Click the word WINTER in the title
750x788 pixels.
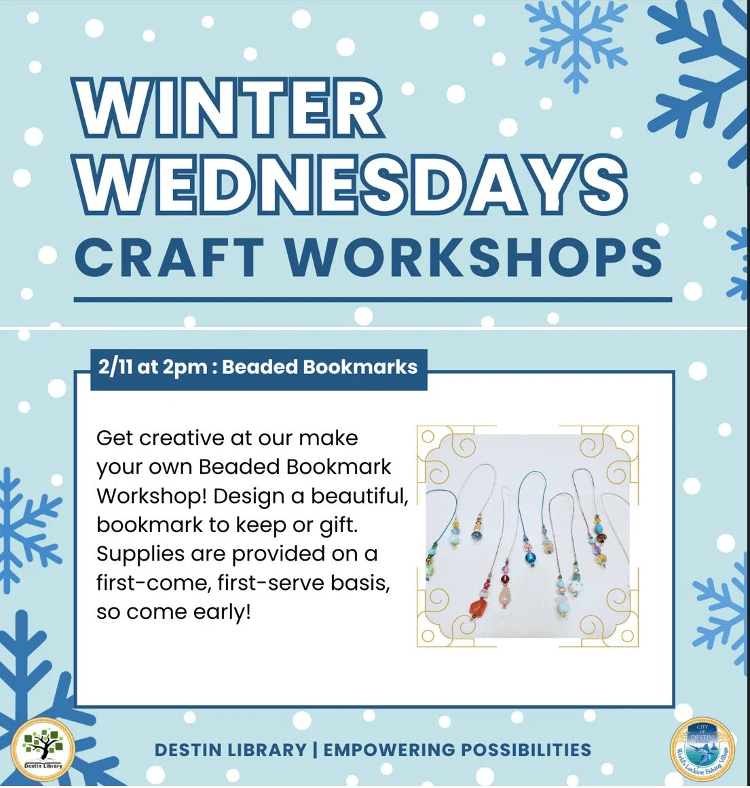(231, 109)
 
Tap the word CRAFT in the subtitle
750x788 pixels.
(169, 257)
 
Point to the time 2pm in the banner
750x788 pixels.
(185, 367)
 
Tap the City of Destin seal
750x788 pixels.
(702, 751)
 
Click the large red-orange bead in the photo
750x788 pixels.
(480, 605)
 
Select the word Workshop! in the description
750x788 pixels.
(151, 496)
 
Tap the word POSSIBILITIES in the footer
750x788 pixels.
(525, 750)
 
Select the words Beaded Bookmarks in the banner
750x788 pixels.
(319, 367)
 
